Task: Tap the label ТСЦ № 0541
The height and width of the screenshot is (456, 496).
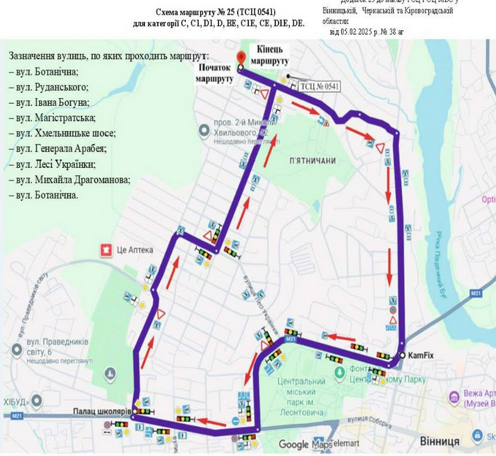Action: (319, 86)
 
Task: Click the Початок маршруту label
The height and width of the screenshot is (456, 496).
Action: (214, 73)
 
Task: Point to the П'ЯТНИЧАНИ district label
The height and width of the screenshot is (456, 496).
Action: (312, 161)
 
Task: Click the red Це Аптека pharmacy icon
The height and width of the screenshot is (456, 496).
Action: (107, 250)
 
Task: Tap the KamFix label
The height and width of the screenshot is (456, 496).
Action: (420, 355)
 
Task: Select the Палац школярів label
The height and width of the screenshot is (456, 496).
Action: (102, 411)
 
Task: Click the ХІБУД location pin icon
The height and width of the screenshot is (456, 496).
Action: (37, 401)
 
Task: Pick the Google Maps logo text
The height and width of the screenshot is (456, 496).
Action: (305, 444)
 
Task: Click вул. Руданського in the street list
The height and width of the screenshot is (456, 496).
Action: (49, 87)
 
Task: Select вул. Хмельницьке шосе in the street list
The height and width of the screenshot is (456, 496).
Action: (62, 133)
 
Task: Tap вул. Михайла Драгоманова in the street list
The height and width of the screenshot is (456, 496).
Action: (69, 180)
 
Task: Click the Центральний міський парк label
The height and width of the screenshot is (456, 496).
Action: (301, 396)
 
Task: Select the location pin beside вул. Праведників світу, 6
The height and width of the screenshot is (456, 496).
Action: (17, 350)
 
